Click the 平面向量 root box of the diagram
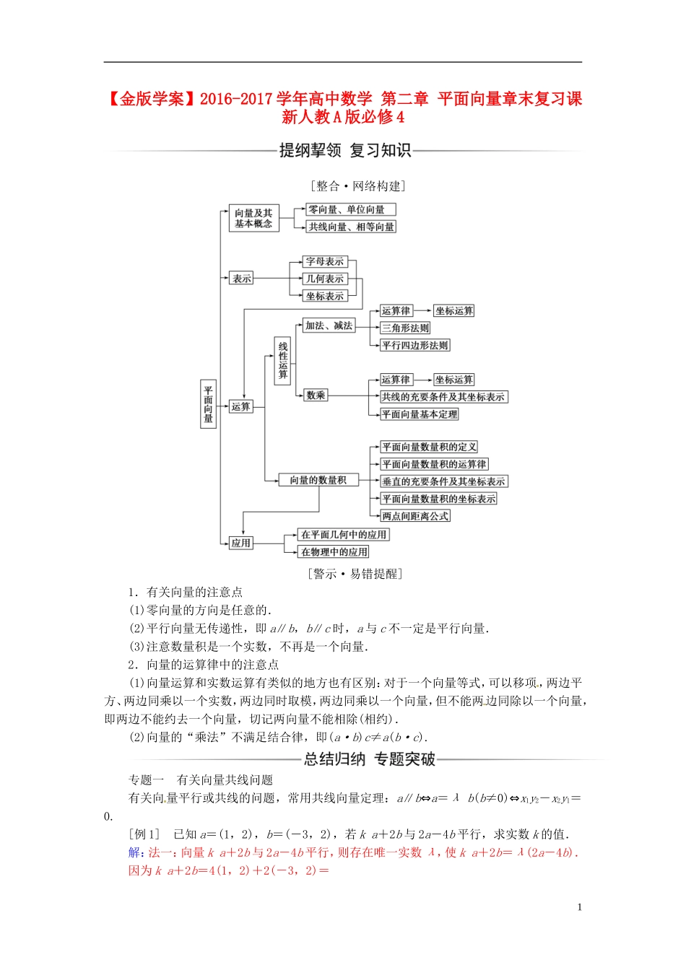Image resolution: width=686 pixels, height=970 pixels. (208, 404)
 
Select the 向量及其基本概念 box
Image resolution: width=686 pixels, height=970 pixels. (253, 218)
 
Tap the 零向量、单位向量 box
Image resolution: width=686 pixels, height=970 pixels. (351, 209)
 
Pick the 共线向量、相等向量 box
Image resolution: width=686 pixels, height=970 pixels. (351, 227)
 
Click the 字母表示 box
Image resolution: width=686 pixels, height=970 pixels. (325, 261)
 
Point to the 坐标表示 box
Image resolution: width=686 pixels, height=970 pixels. (325, 296)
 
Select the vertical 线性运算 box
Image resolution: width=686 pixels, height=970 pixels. (282, 360)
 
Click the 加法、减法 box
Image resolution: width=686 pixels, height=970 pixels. (329, 325)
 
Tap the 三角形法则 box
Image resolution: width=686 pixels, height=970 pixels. (405, 328)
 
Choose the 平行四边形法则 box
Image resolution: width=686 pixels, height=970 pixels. (415, 345)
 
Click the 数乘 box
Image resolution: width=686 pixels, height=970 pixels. (316, 395)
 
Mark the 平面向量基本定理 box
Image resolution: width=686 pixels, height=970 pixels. (420, 414)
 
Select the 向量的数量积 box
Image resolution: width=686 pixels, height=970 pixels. (318, 480)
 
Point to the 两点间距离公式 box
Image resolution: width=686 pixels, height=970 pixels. (415, 516)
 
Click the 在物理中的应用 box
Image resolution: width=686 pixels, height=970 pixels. (334, 551)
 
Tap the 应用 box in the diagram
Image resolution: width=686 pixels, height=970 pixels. (241, 543)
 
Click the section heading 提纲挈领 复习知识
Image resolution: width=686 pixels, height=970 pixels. (345, 150)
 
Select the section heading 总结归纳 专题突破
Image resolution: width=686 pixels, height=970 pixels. (369, 759)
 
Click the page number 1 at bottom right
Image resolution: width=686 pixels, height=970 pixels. (579, 907)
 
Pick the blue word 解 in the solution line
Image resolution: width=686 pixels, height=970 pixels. (134, 852)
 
